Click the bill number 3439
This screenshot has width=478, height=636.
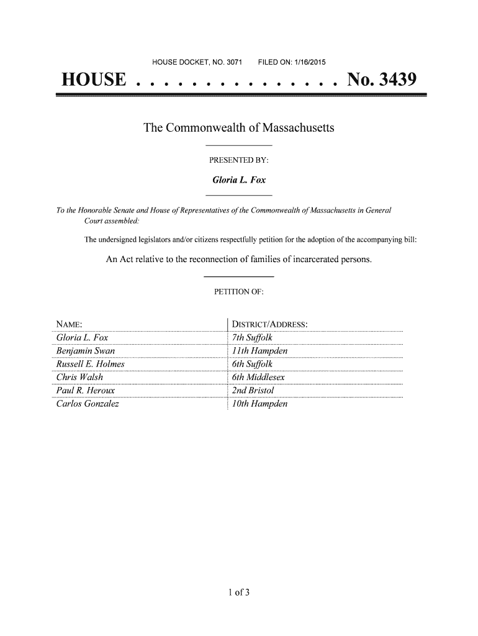tap(394, 81)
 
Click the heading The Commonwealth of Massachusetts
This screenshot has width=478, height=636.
tap(239, 129)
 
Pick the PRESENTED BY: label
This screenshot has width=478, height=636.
tap(238, 160)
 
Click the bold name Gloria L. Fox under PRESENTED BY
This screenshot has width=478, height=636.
tap(239, 180)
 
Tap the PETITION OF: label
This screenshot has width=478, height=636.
tap(239, 291)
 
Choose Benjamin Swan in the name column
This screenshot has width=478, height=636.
tap(76, 351)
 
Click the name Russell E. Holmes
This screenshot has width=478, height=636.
tap(81, 364)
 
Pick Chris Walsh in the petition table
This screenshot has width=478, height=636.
tap(71, 378)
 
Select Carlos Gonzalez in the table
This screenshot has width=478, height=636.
tap(79, 404)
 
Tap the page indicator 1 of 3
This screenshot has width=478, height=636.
tap(238, 591)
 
